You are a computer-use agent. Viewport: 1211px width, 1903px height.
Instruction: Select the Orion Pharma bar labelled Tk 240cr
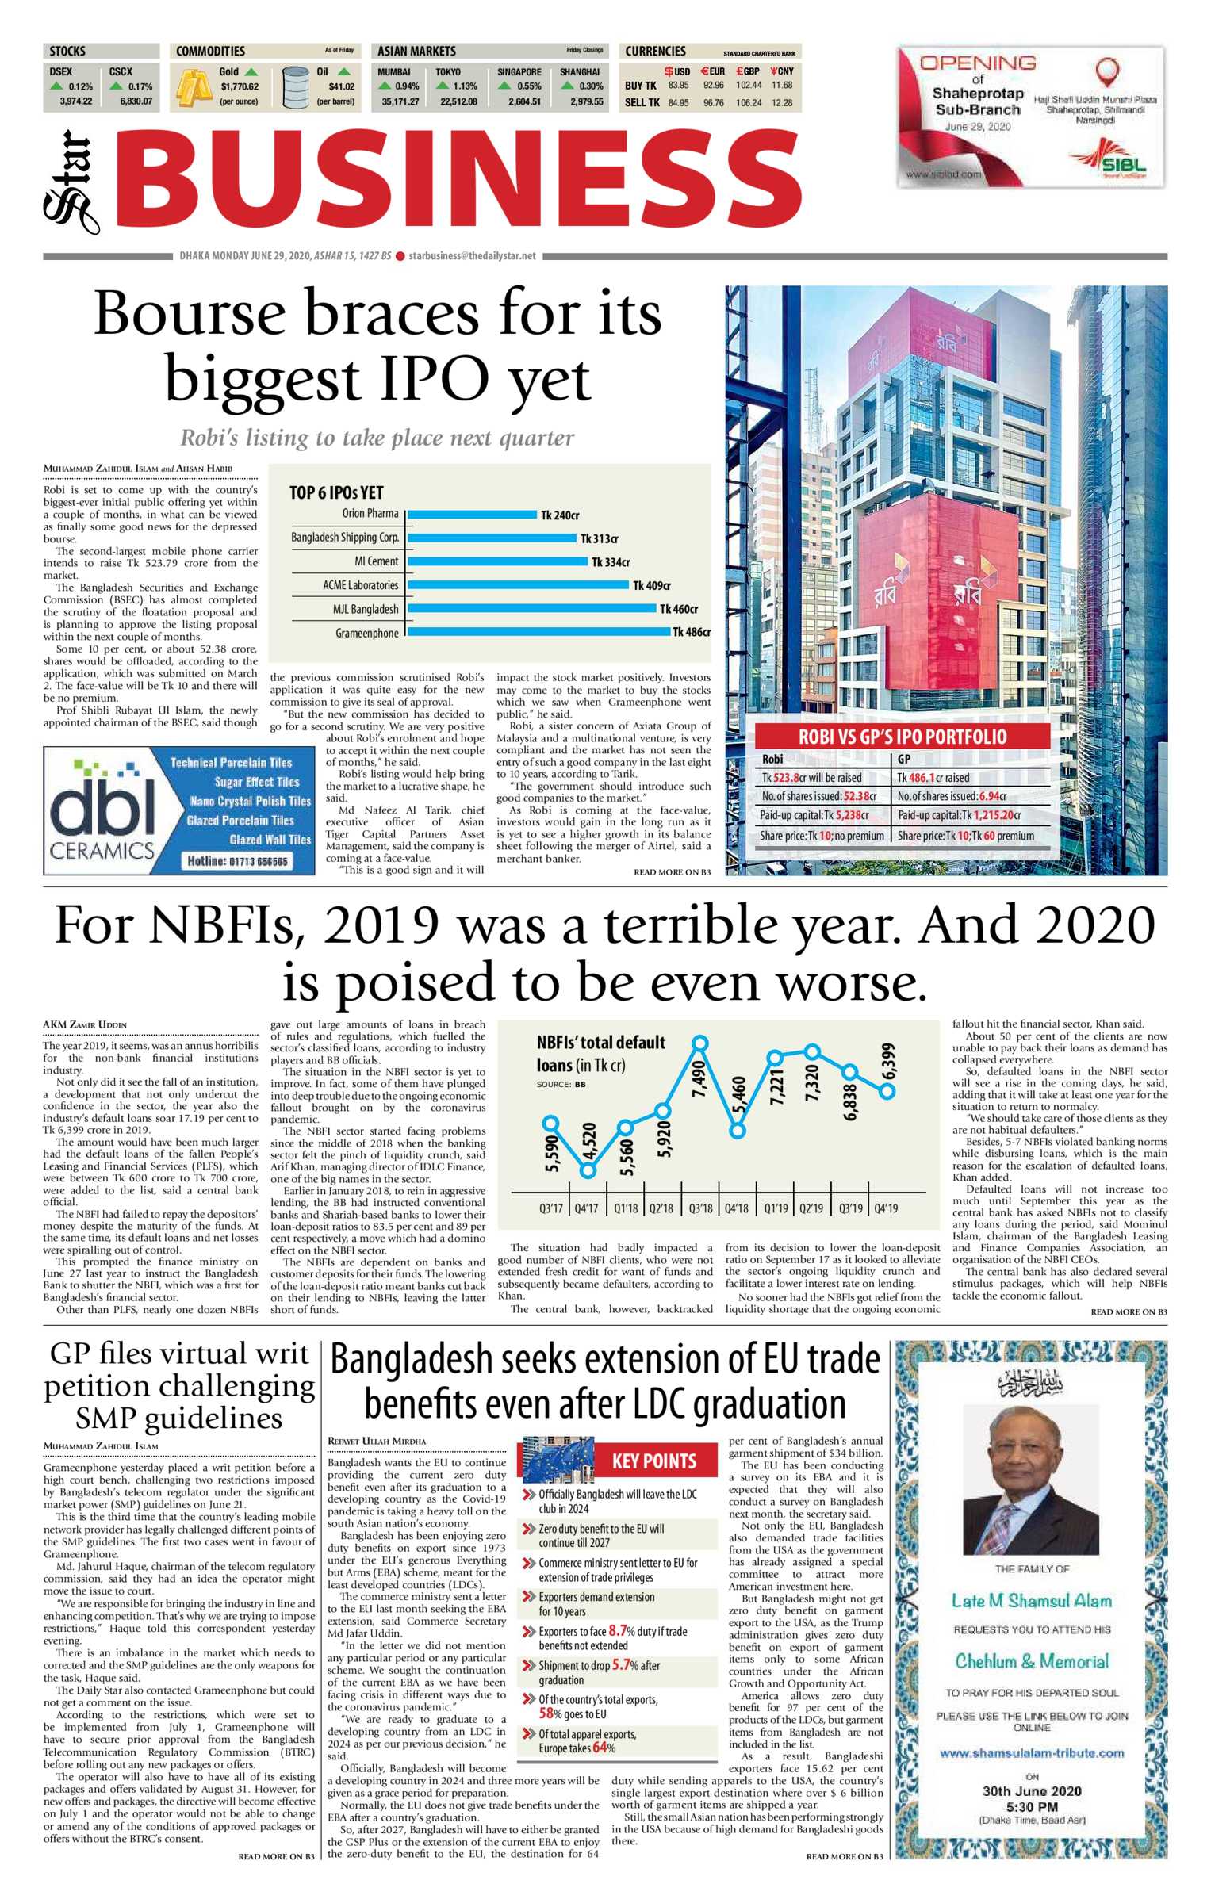click(472, 515)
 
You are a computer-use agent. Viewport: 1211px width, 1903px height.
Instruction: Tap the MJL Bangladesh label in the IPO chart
click(366, 609)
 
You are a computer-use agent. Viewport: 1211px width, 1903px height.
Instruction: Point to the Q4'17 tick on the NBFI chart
click(587, 1208)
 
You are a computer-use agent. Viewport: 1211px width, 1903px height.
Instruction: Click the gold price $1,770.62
click(239, 86)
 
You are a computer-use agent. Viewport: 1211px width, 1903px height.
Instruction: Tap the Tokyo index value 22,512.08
click(458, 101)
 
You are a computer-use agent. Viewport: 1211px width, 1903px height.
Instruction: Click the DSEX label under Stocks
click(61, 71)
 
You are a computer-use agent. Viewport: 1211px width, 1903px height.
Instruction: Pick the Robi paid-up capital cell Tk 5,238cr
click(814, 815)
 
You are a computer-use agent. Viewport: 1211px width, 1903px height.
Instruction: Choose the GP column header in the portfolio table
click(903, 759)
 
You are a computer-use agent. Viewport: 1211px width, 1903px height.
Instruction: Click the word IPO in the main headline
click(435, 379)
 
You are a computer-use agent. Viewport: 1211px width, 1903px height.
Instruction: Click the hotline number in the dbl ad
click(237, 860)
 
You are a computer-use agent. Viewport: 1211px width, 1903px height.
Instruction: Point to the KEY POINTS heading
click(653, 1461)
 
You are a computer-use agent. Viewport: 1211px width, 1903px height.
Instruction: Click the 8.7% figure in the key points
click(619, 1631)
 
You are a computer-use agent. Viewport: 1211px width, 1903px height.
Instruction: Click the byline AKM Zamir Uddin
click(85, 1024)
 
